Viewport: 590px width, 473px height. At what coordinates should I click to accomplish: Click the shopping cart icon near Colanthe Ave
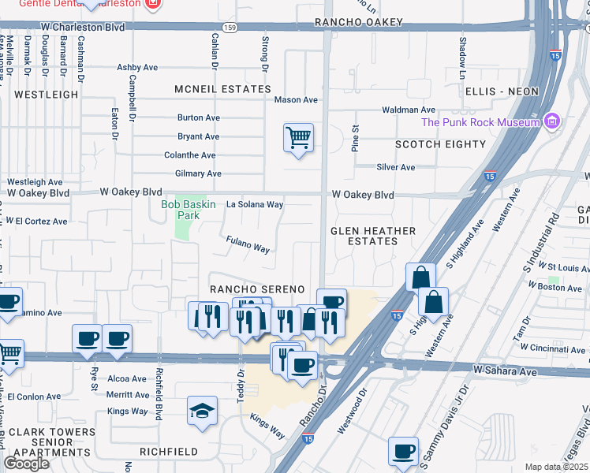point(298,138)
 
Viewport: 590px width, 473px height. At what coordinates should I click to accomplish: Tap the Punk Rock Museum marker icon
point(552,121)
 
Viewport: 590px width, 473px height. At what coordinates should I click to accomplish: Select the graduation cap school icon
point(202,411)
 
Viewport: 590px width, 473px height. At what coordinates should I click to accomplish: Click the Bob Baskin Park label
point(180,209)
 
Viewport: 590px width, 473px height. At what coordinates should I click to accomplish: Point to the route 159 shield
point(230,28)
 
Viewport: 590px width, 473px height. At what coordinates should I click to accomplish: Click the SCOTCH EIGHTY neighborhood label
point(440,144)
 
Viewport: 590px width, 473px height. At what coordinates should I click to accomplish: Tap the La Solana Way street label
point(255,204)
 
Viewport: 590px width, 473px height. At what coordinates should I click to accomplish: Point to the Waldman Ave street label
point(409,110)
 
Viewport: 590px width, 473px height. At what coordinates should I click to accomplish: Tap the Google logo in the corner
point(26,464)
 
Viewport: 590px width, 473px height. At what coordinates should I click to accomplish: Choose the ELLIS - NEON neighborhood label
point(502,91)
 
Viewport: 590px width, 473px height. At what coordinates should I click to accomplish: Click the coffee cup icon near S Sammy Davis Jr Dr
point(404,451)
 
